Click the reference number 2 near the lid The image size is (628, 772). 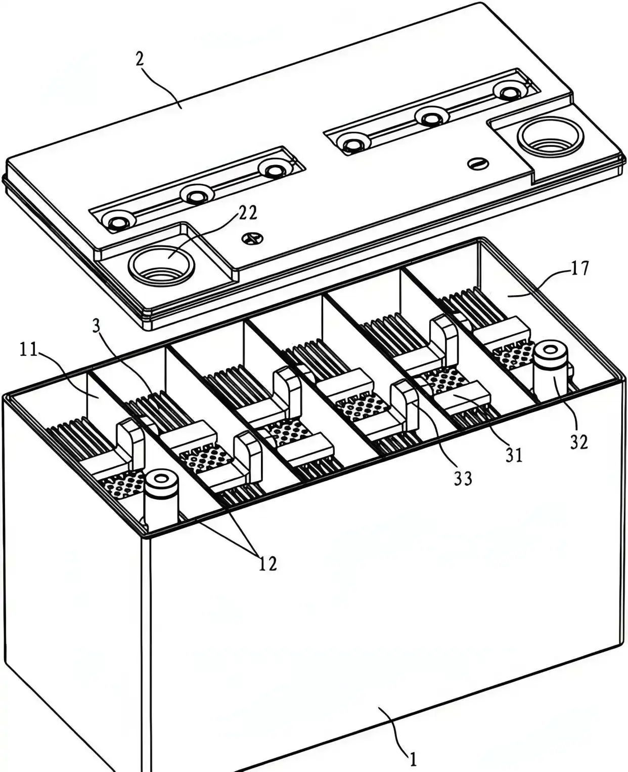pos(140,59)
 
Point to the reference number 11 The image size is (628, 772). pos(29,350)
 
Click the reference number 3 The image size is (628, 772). pos(96,326)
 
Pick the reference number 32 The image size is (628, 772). pos(579,442)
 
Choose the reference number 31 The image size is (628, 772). pos(514,455)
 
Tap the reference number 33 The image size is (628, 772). pos(462,477)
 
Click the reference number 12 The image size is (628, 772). pos(268,563)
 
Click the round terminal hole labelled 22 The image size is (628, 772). pos(161,262)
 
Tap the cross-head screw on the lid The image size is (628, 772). pos(251,237)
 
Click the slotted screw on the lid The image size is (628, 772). pos(476,164)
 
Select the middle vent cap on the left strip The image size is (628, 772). pos(195,194)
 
